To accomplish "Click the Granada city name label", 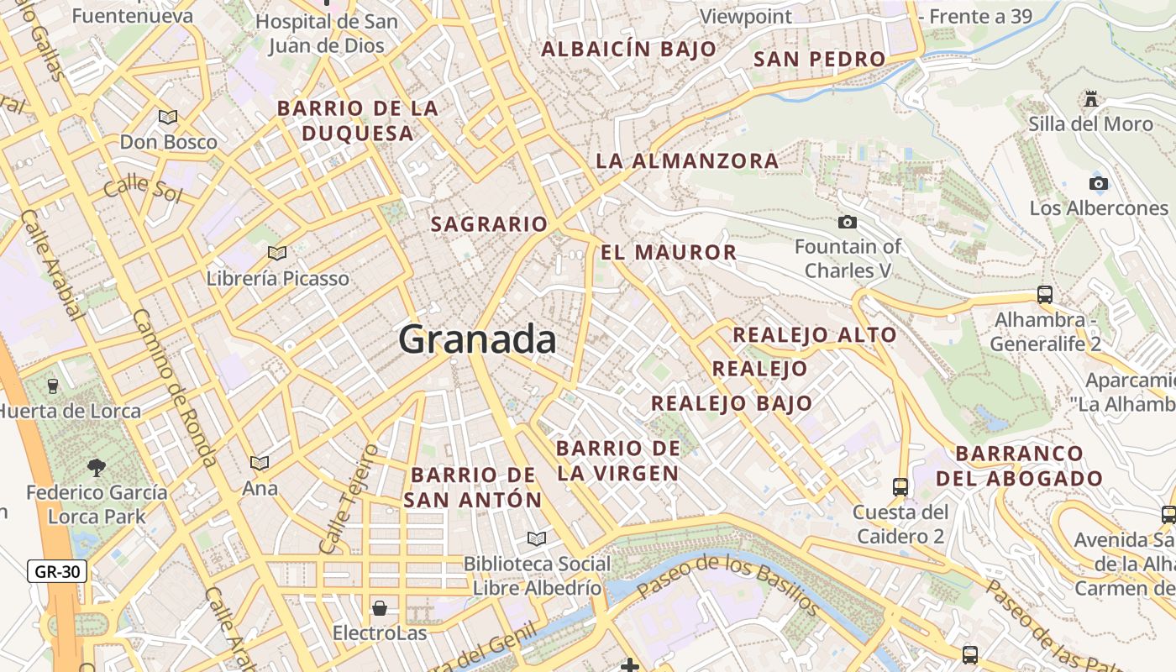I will tap(476, 339).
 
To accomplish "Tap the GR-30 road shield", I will tap(57, 572).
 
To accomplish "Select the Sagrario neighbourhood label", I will tap(489, 224).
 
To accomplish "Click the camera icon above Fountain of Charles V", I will tap(848, 222).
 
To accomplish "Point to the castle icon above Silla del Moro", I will tap(1090, 99).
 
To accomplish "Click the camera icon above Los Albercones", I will tap(1098, 183).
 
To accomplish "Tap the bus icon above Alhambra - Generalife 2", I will tap(1045, 295).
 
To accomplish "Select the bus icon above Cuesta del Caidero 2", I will tap(900, 486).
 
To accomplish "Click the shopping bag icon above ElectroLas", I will tap(380, 607).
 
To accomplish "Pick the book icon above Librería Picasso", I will tap(277, 253).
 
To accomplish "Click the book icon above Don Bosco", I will tap(168, 117).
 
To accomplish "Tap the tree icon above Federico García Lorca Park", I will tap(97, 467).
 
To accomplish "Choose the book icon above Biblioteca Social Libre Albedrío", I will tap(537, 538).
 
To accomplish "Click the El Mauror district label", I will tap(669, 252).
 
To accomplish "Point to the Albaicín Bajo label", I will tap(628, 49).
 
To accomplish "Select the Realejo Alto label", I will tap(815, 334).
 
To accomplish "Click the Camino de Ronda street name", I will tap(176, 387).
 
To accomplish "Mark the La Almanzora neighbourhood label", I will tap(687, 160).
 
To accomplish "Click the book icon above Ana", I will tap(260, 463).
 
